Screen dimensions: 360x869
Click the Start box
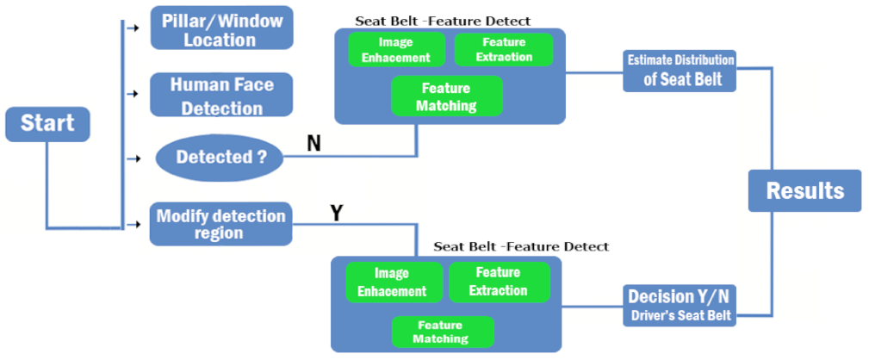tap(47, 124)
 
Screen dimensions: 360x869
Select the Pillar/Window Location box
tap(221, 29)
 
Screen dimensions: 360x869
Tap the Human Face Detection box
tap(221, 96)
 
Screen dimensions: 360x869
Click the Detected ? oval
tap(219, 158)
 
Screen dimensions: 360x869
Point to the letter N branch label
tap(314, 143)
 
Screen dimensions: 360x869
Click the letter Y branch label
tap(337, 213)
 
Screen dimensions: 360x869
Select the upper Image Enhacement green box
tap(396, 49)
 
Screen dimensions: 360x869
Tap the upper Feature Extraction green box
tap(504, 49)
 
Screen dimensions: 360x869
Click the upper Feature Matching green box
tap(446, 96)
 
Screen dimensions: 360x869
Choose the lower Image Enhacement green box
tap(394, 282)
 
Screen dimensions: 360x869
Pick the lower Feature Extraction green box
tap(498, 282)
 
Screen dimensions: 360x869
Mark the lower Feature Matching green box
tap(443, 332)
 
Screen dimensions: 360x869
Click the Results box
tap(804, 190)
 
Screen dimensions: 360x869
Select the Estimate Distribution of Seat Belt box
tap(680, 71)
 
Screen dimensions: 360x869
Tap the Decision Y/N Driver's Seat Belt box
tap(680, 305)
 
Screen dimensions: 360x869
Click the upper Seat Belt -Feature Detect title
tap(443, 19)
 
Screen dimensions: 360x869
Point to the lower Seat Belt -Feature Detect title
tap(520, 246)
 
